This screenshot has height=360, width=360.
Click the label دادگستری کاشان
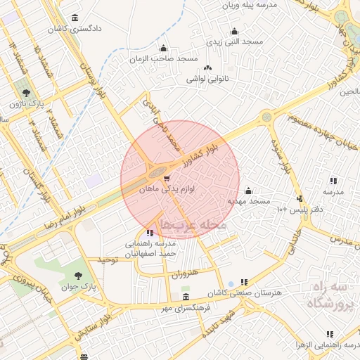75,30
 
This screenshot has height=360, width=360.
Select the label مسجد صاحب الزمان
163,60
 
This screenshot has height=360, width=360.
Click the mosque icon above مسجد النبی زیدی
235,31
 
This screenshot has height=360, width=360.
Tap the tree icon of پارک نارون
26,92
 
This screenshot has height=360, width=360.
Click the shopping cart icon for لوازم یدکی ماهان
166,178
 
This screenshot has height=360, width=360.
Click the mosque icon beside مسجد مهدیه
247,190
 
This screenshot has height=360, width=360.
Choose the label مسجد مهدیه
247,201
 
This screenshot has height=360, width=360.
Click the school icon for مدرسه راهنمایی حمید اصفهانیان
150,233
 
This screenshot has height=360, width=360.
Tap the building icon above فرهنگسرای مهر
185,297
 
